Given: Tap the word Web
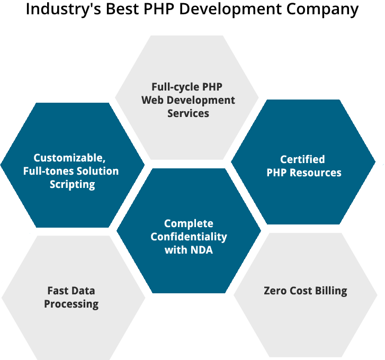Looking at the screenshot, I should click(x=152, y=100).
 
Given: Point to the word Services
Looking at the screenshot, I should click(x=188, y=113).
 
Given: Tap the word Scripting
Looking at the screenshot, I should click(x=73, y=184).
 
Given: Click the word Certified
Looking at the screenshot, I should click(x=302, y=159).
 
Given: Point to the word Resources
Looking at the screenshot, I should click(x=315, y=173).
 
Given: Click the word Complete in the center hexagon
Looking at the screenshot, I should click(x=189, y=223).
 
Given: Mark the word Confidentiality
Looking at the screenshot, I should click(x=189, y=237).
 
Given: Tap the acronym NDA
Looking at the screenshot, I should click(x=201, y=250).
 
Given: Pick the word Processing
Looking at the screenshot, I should click(x=71, y=304).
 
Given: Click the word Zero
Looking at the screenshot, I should click(x=276, y=291).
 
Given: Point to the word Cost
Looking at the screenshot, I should click(x=302, y=291).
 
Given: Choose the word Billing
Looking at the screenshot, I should click(x=331, y=291).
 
